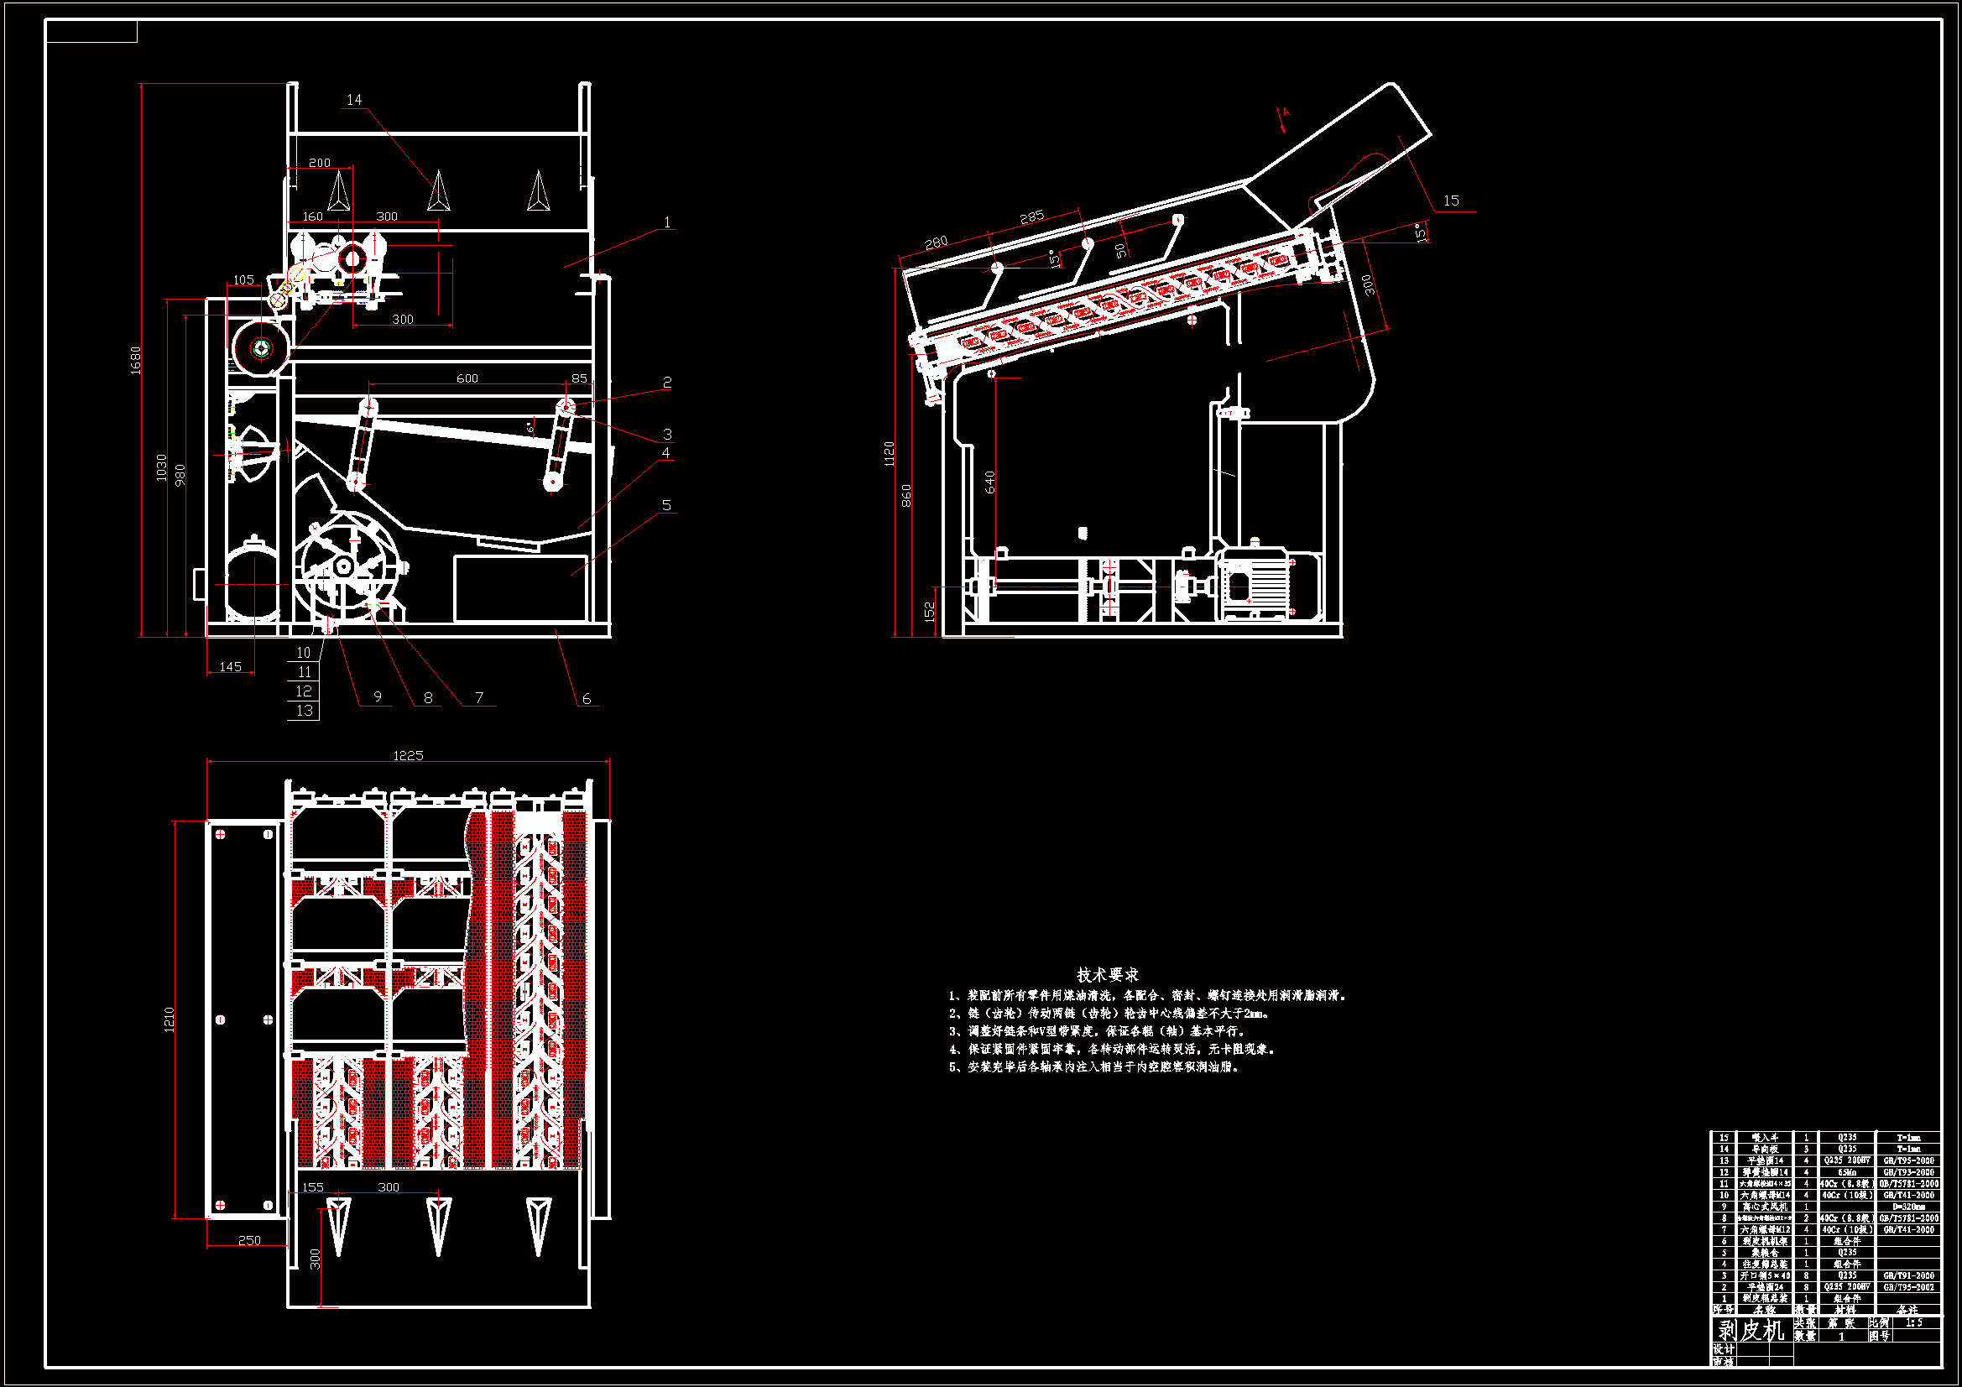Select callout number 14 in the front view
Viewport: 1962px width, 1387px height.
coord(354,100)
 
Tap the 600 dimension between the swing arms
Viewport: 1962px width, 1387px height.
coord(467,378)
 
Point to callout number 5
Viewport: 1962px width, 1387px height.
coord(666,505)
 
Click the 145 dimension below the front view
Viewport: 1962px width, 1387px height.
coord(231,666)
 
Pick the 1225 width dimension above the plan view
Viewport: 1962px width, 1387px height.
coord(408,755)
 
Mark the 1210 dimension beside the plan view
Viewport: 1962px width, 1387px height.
coord(170,1019)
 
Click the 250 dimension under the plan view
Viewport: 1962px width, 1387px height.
coord(249,1240)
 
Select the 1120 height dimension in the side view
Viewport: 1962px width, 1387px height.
coord(890,453)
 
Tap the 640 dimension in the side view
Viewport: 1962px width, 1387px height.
coord(990,482)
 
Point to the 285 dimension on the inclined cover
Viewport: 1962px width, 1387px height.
coord(1032,217)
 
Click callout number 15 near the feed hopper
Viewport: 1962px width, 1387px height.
coord(1451,201)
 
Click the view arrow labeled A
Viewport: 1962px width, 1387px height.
coord(1283,118)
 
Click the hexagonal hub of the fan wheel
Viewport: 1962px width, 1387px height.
coord(343,565)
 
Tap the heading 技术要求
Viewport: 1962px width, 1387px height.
coord(1108,974)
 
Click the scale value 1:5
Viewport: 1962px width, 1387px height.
coord(1914,1322)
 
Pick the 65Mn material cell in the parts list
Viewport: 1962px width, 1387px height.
coord(1848,1172)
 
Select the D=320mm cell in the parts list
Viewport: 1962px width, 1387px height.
coord(1908,1207)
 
